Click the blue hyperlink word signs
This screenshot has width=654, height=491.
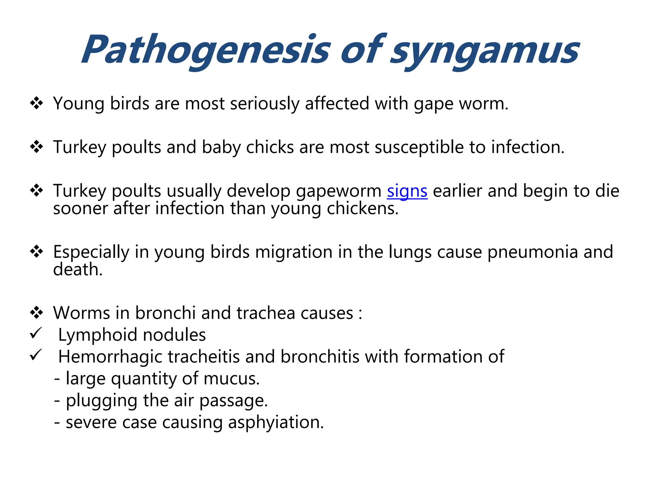pos(407,191)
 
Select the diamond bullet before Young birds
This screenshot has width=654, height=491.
pos(36,103)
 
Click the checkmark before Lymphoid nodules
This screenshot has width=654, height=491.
pos(36,333)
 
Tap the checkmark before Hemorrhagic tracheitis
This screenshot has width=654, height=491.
pos(36,355)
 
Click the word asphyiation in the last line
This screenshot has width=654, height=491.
pos(276,422)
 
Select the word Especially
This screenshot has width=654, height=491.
pos(91,252)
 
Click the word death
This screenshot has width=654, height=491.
pos(78,269)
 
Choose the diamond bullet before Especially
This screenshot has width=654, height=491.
pos(36,252)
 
